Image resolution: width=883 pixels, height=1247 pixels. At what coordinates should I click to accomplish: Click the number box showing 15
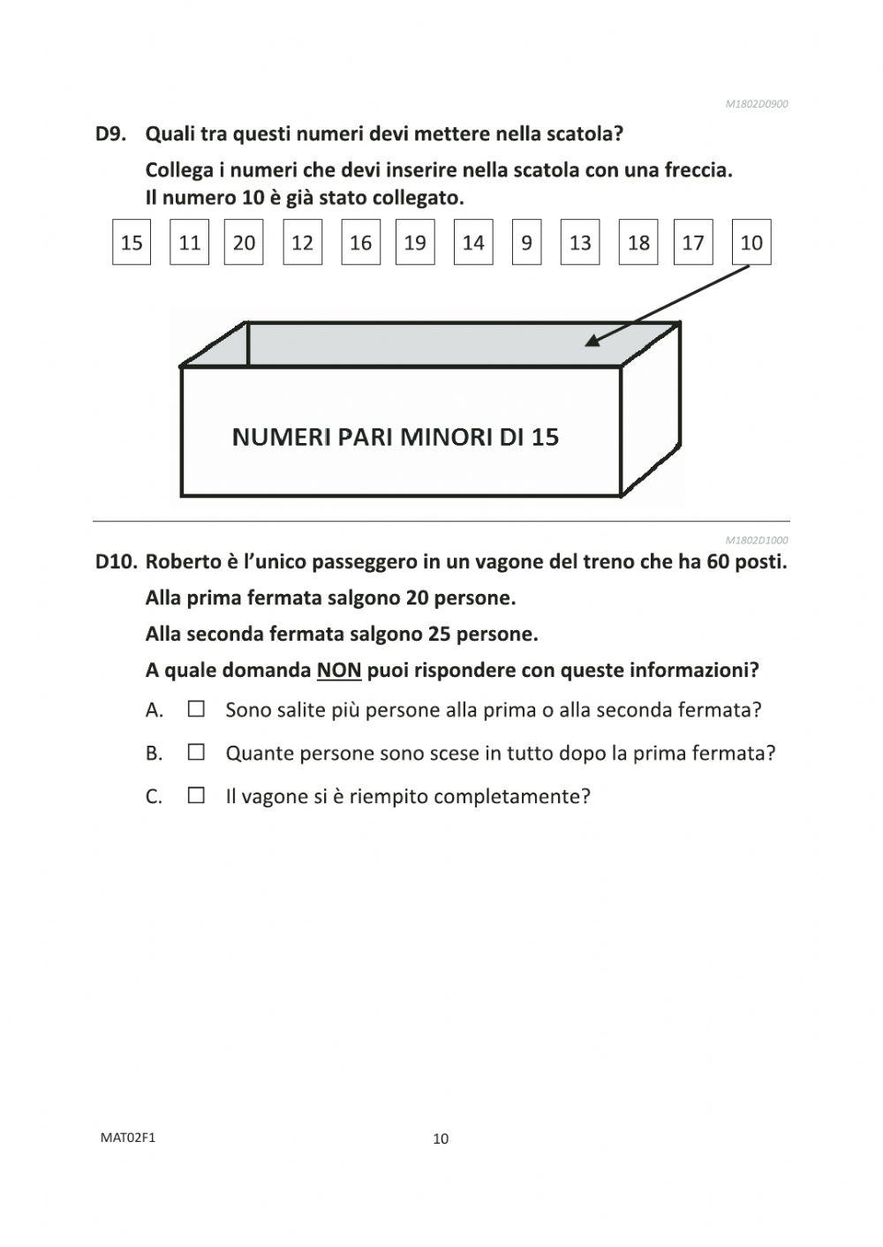tap(132, 243)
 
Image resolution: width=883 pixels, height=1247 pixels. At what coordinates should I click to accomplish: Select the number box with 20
tap(244, 243)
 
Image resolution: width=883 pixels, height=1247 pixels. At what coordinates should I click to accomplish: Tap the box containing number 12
tap(302, 243)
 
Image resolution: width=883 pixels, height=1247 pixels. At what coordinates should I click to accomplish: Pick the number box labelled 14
tap(473, 243)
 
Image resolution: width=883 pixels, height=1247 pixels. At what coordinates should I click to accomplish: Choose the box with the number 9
tap(526, 243)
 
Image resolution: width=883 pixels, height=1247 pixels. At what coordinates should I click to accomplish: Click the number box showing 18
tap(638, 243)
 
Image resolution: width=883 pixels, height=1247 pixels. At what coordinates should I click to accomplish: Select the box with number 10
tap(751, 243)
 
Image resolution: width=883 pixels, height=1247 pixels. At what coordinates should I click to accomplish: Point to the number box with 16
tap(360, 243)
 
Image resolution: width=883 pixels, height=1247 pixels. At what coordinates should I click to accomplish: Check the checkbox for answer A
tap(196, 709)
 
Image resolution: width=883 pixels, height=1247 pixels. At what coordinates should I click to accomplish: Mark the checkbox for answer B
tap(196, 753)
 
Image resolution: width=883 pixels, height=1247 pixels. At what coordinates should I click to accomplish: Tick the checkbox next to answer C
tap(196, 796)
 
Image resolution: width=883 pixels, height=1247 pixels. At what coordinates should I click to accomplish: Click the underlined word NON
tap(339, 670)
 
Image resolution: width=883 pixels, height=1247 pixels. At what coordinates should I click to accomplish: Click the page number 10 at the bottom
tap(441, 1138)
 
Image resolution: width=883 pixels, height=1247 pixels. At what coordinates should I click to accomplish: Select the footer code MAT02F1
tap(128, 1138)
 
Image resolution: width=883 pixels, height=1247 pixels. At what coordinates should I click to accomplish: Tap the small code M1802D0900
tap(757, 104)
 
